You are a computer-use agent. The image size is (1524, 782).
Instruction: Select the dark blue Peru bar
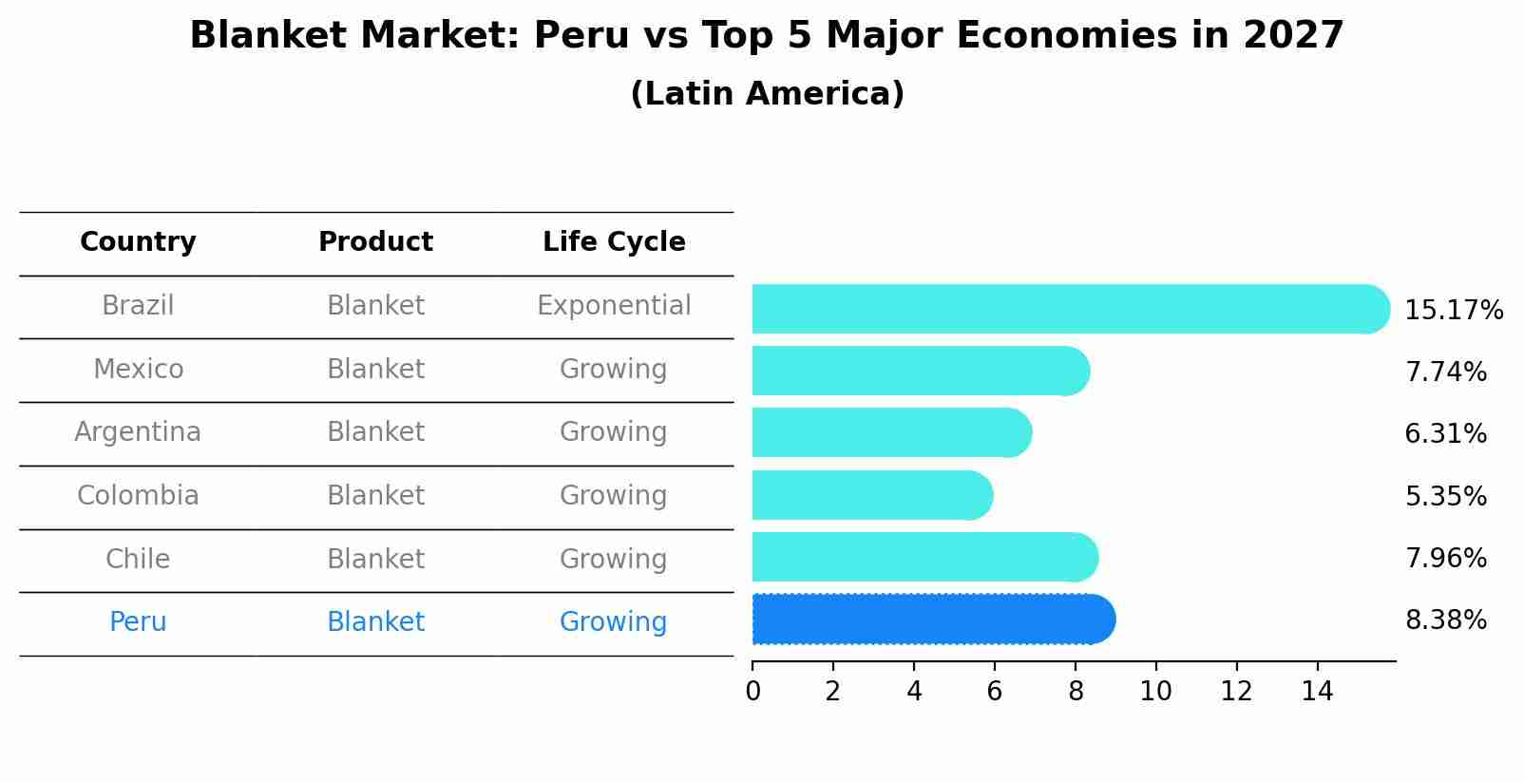coord(931,620)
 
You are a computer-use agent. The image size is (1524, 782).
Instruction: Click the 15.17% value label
coord(1453,311)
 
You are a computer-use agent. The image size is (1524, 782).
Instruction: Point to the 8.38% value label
coord(1445,620)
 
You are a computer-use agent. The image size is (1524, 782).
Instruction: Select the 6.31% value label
coord(1445,434)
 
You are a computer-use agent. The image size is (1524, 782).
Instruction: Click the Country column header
coord(138,242)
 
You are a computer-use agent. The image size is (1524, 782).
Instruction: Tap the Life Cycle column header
coord(614,242)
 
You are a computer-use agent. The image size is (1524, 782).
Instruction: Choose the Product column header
coord(375,242)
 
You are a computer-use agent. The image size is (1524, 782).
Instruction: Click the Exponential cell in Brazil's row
coord(614,306)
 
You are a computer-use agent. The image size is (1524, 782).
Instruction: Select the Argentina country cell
coord(138,432)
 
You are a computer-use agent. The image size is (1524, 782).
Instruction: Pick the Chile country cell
coord(138,559)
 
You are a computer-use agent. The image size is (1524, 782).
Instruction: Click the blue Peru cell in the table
coord(138,622)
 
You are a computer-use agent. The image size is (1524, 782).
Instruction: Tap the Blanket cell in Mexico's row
coord(375,369)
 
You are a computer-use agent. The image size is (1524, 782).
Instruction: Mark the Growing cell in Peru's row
coord(614,622)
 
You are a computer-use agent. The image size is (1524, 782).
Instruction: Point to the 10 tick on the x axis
coord(1155,692)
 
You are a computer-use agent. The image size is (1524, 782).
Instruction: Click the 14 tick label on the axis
coord(1317,692)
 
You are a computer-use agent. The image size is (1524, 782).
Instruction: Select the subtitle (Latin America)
coord(767,94)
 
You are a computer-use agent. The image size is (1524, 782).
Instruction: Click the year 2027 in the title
coord(1293,36)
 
